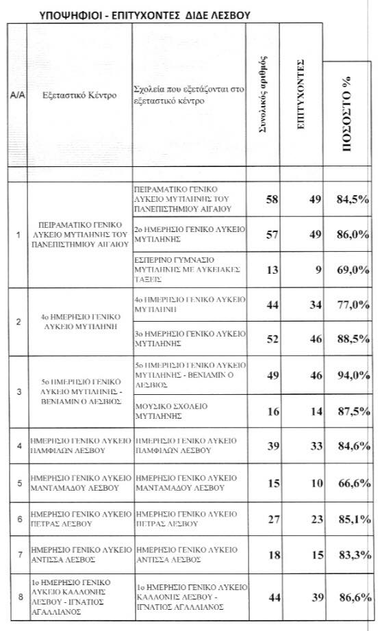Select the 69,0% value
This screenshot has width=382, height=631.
(352, 270)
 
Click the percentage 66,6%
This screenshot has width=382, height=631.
(352, 483)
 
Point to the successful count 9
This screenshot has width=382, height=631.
(308, 270)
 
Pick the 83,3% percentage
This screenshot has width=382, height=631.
(352, 558)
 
